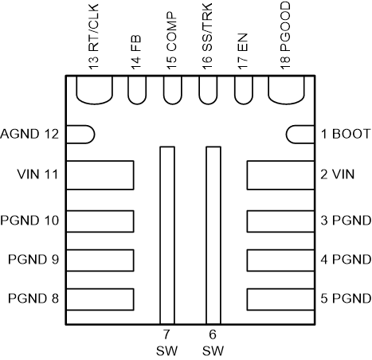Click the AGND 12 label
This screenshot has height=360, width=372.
pos(31,133)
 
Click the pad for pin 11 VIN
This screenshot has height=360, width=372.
pos(100,174)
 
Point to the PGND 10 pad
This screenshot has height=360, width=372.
pos(100,221)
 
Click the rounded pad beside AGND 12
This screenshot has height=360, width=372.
pos(80,134)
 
